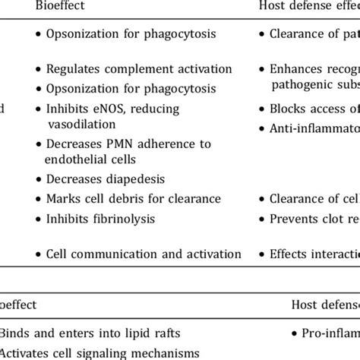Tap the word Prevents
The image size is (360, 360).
click(295, 219)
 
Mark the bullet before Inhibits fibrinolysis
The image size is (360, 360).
click(39, 219)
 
